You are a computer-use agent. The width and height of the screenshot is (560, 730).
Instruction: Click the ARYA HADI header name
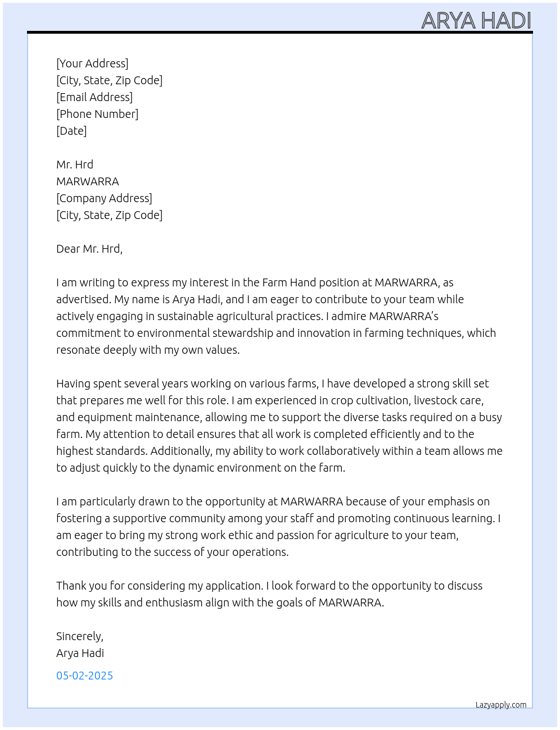[x=476, y=21]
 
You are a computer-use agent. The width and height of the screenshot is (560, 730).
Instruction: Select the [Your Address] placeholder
[x=92, y=63]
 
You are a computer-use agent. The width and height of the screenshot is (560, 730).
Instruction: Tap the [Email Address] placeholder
[x=94, y=97]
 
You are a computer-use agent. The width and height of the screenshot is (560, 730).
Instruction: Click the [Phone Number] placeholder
[x=97, y=114]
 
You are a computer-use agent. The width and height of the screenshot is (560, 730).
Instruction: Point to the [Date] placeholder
[x=71, y=131]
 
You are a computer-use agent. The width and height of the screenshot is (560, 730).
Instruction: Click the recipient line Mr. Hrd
[x=75, y=165]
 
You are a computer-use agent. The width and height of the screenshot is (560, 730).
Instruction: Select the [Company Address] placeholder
[x=104, y=198]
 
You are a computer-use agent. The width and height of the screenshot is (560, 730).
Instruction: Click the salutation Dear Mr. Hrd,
[x=89, y=249]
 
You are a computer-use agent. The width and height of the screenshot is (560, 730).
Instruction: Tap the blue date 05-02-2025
[x=84, y=676]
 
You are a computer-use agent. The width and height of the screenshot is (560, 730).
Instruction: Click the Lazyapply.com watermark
[x=501, y=705]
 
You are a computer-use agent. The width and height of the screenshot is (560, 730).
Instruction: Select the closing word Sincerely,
[x=80, y=636]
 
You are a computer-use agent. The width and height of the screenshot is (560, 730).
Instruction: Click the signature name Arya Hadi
[x=80, y=653]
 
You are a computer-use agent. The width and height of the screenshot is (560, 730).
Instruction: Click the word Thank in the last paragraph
[x=71, y=586]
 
